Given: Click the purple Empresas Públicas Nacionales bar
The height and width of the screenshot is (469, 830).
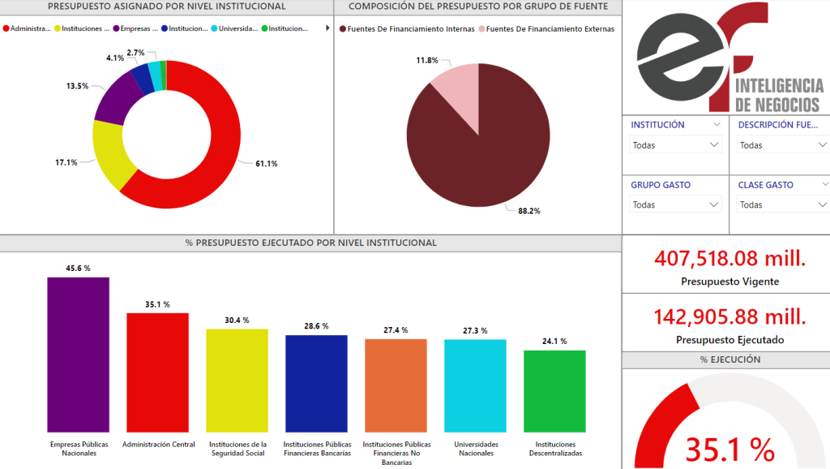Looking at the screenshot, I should click(x=78, y=355).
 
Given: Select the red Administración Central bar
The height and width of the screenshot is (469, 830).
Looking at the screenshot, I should click(x=157, y=372).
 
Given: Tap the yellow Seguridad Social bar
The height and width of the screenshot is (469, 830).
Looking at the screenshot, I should click(x=237, y=381).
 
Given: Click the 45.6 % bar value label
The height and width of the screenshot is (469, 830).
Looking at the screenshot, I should click(x=78, y=268).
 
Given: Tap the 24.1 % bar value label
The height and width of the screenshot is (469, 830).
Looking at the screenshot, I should click(x=554, y=341).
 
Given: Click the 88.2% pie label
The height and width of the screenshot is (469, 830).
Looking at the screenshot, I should click(x=529, y=211).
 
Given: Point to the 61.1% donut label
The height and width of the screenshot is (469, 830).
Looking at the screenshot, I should click(x=267, y=164).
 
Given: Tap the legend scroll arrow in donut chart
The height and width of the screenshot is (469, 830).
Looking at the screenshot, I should click(x=327, y=28).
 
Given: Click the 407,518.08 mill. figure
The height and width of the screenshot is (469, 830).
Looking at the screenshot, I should click(x=730, y=259).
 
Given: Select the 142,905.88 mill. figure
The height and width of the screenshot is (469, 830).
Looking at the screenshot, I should click(x=730, y=316).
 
